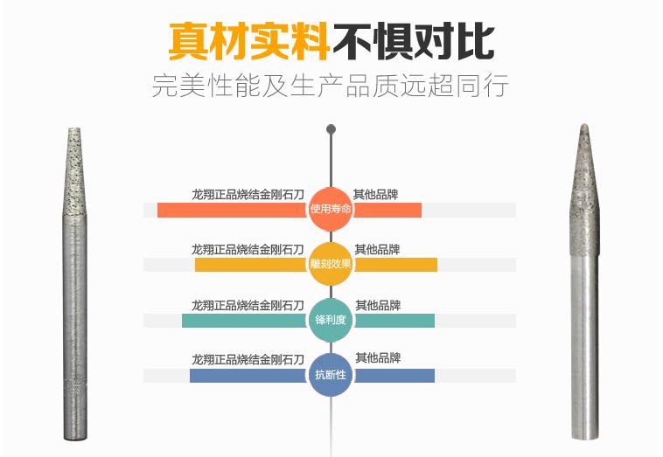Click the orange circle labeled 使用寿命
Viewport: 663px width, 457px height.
pos(331,210)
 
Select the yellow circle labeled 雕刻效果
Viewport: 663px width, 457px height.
pos(331,265)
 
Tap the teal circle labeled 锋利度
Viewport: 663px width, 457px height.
pos(331,320)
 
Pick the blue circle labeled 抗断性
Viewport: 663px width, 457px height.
pos(331,375)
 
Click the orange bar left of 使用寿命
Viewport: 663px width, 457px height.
pos(233,211)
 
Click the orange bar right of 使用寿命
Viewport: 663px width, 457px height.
pos(387,211)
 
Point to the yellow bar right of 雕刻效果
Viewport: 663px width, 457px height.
pos(394,265)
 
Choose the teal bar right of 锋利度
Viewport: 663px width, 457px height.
pos(394,321)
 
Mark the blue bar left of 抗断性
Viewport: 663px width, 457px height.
pos(248,376)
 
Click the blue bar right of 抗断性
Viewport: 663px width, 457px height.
pos(394,376)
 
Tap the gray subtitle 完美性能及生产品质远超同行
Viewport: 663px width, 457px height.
pos(331,87)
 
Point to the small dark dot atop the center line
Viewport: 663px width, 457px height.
pos(331,129)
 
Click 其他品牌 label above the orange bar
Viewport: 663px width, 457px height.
pos(376,194)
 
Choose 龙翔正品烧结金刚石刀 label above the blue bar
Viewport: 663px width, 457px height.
pos(248,359)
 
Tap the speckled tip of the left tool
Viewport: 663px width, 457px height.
pos(77,166)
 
